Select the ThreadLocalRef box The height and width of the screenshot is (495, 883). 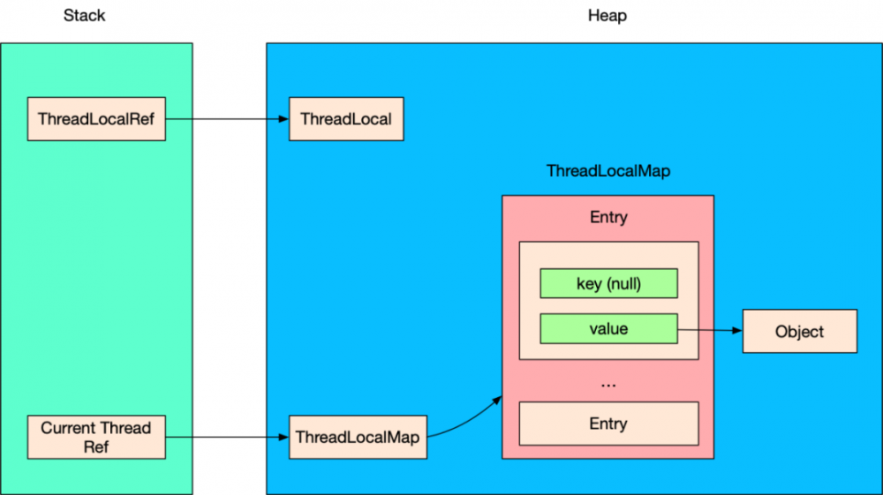pos(96,118)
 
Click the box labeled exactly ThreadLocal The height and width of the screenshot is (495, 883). pos(346,118)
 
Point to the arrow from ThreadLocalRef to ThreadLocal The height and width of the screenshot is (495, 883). pos(228,118)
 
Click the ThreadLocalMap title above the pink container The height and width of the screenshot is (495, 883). pos(608,171)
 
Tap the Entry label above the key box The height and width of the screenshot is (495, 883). pos(608,217)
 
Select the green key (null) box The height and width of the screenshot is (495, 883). pos(608,283)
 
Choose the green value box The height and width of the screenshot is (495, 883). pos(608,329)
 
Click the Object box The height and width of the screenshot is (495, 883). pos(799,332)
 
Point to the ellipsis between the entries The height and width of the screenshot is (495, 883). pos(608,383)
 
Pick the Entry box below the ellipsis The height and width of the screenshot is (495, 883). pos(608,424)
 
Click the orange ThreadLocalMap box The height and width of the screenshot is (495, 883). pos(358,437)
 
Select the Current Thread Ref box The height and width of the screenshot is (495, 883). pos(96,437)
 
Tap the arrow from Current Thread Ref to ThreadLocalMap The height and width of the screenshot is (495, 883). pos(228,437)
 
